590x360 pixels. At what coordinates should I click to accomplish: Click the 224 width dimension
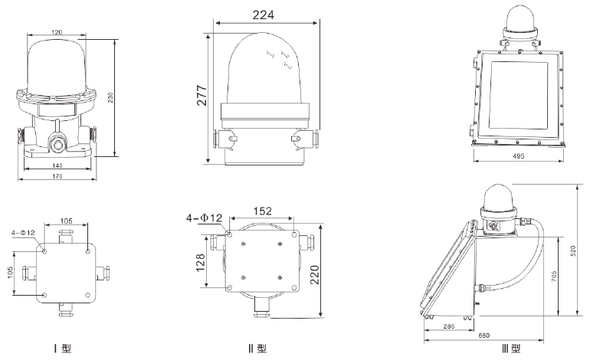click(x=264, y=15)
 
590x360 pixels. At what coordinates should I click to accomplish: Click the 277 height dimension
click(x=202, y=96)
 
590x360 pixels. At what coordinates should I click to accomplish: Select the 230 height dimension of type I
click(x=111, y=97)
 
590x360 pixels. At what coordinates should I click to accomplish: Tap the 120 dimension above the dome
click(x=57, y=32)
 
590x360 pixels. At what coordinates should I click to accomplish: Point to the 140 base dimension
click(x=57, y=165)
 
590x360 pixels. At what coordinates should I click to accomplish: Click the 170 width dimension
click(x=57, y=176)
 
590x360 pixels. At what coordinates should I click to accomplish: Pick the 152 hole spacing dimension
click(x=262, y=211)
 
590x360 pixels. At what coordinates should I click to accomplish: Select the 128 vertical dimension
click(x=200, y=262)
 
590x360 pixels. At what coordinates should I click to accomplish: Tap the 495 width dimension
click(x=519, y=156)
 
